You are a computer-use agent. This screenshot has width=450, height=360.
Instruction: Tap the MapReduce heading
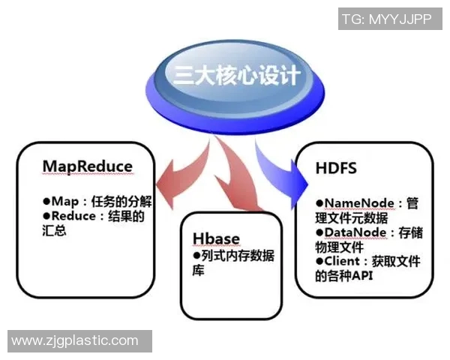coord(88,166)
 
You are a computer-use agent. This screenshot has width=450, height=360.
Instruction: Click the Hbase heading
coord(216,238)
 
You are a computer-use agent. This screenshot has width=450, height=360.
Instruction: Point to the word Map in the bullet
coord(65,202)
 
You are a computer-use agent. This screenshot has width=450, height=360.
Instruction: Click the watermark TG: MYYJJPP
coord(386,19)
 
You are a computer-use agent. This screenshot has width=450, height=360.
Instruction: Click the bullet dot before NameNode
coord(319,203)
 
